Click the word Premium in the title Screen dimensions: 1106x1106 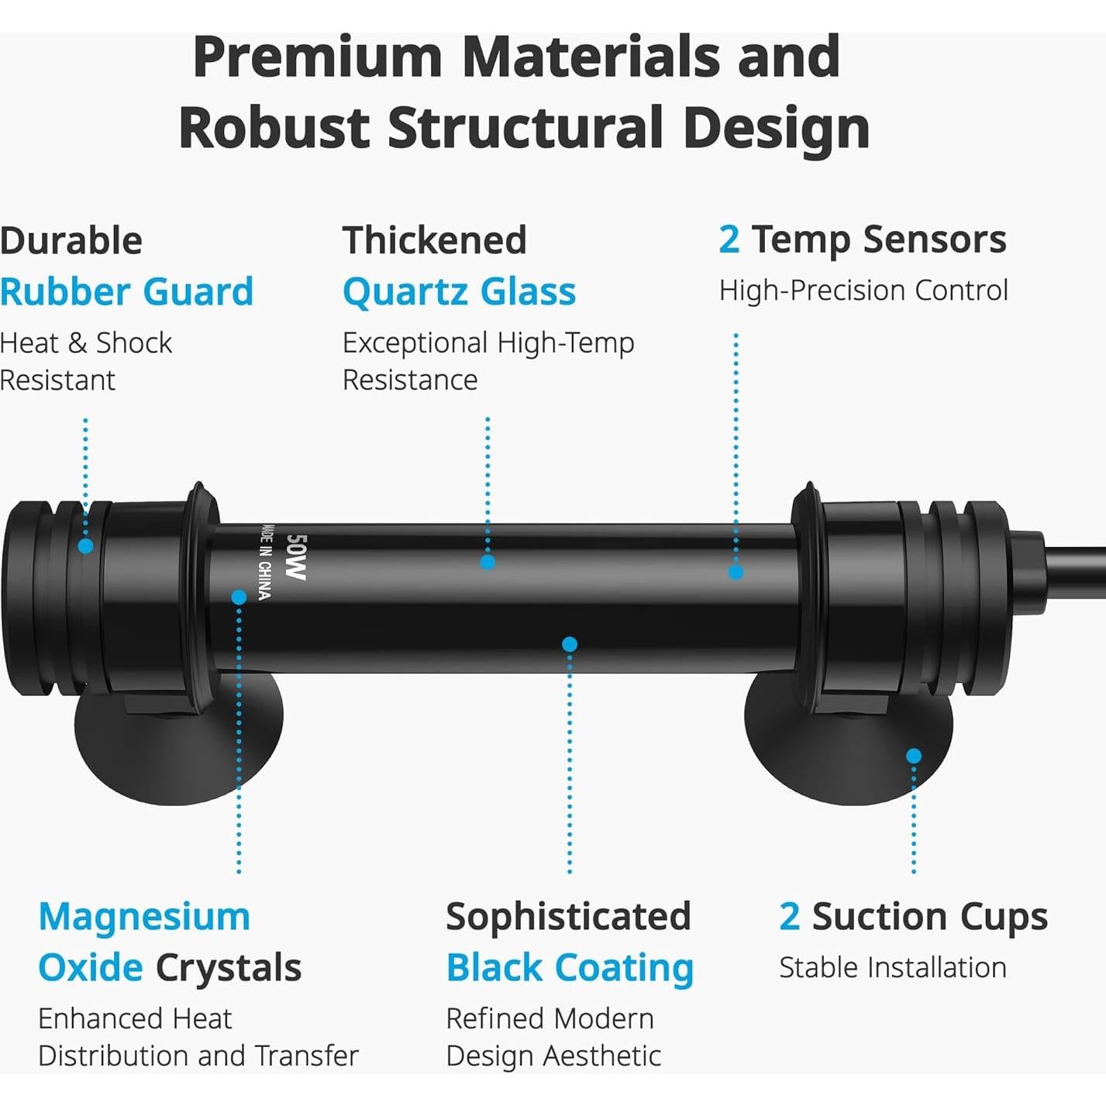(x=318, y=57)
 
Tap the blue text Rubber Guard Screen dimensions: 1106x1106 (x=127, y=291)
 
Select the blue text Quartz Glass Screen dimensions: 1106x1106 (x=459, y=292)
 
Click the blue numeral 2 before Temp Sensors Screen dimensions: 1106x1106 (x=729, y=239)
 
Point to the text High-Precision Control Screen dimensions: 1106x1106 (x=863, y=291)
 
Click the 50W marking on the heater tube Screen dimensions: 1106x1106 (x=296, y=557)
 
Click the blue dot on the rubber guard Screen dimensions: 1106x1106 (x=85, y=546)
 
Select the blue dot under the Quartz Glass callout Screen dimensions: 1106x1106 (x=488, y=562)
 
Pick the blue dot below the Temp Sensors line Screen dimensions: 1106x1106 (x=736, y=572)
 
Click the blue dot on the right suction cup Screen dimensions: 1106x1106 (x=914, y=756)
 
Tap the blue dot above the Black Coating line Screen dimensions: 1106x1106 (x=570, y=644)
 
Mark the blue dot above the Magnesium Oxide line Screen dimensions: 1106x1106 (x=239, y=598)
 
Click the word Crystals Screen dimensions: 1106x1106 (x=229, y=969)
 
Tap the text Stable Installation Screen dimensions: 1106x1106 (x=893, y=968)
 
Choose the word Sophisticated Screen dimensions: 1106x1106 (x=568, y=917)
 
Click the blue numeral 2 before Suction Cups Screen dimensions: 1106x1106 (x=789, y=917)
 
